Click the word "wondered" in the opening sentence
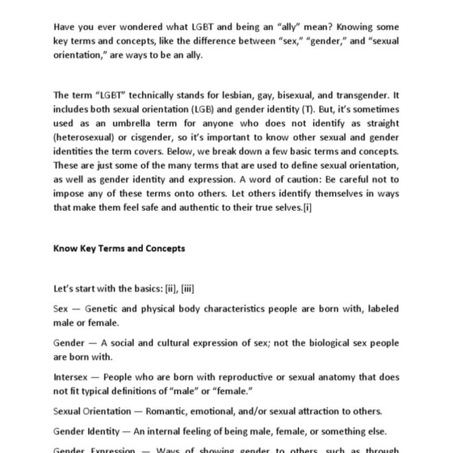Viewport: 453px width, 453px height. pyautogui.click(x=139, y=27)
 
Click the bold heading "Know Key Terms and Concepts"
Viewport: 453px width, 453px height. pyautogui.click(x=119, y=248)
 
